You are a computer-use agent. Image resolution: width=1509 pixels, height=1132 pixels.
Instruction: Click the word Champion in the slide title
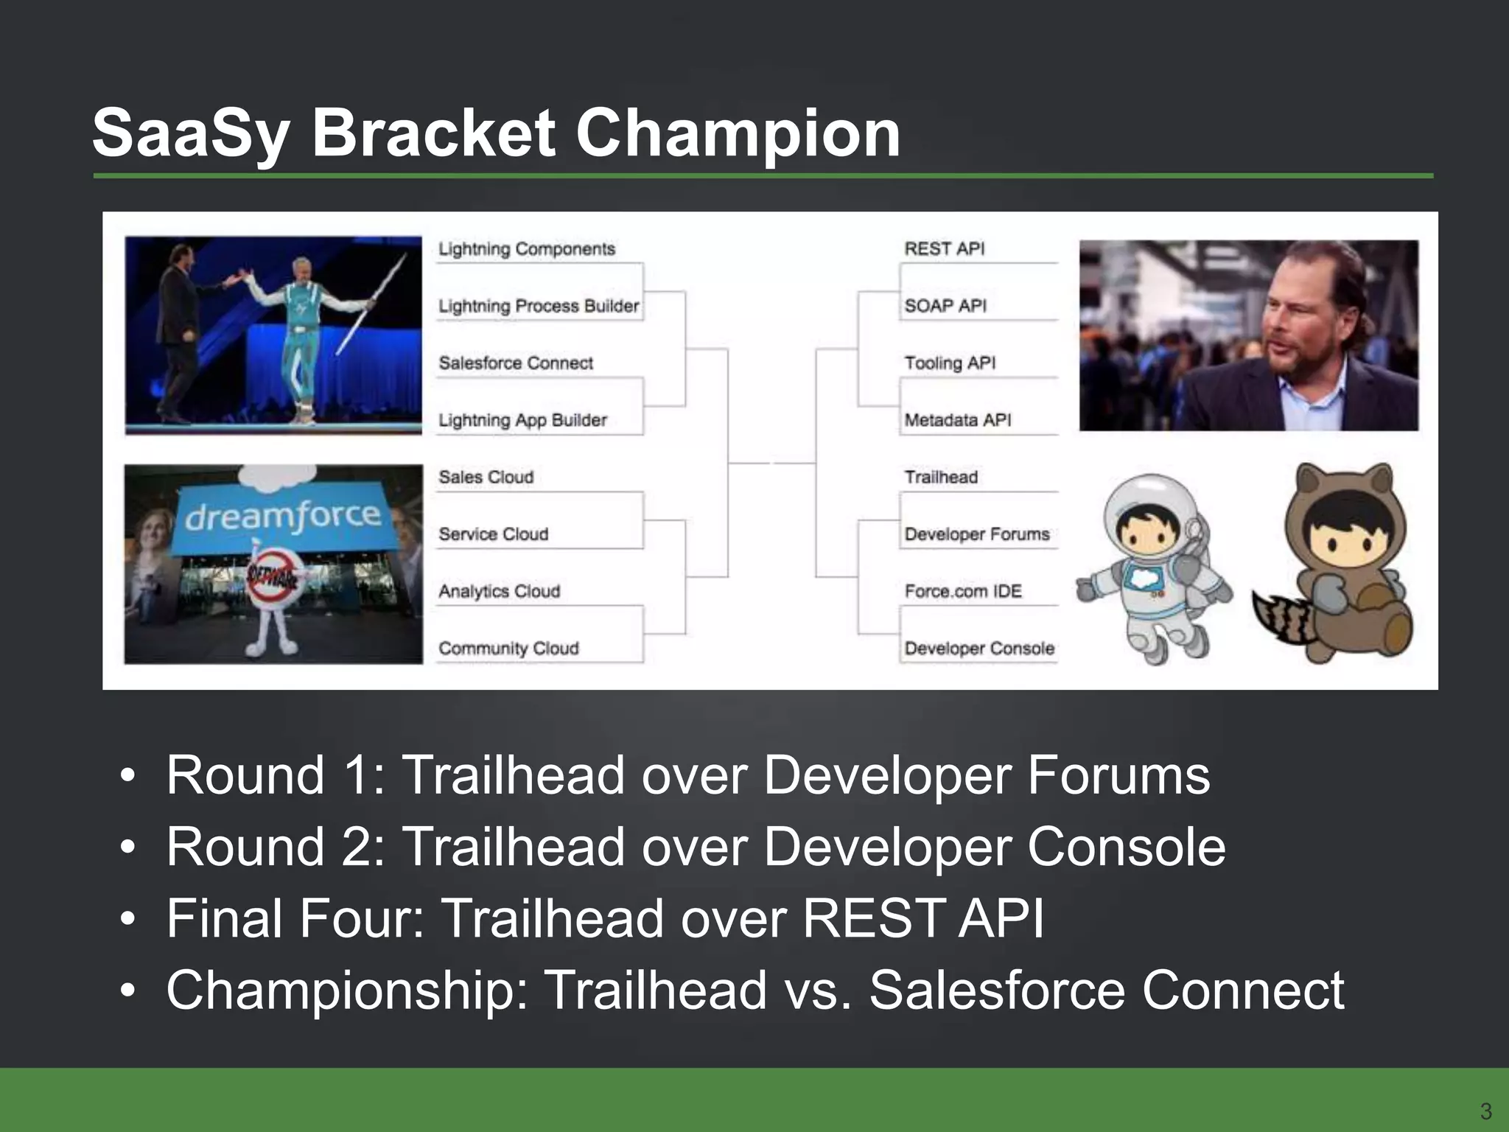[x=737, y=134]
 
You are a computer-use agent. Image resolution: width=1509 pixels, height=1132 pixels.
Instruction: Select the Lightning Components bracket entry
[x=526, y=249]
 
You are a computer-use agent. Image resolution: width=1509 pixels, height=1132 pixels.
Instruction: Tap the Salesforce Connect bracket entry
[x=516, y=363]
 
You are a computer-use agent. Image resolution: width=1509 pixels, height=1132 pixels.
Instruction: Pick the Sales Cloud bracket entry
[x=486, y=478]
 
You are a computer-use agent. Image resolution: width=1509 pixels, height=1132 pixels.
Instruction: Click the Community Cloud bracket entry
[x=508, y=649]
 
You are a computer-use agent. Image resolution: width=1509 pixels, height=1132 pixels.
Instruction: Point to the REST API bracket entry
[x=944, y=249]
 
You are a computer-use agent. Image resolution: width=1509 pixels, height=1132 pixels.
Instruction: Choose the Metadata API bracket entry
[x=957, y=420]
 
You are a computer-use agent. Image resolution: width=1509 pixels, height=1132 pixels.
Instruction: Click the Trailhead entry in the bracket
[x=941, y=478]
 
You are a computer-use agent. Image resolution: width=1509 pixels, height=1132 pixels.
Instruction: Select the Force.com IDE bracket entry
[x=962, y=592]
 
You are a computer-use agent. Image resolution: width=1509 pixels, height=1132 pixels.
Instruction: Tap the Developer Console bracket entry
[x=979, y=649]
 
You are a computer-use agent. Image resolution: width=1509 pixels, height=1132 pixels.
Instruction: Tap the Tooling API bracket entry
[x=949, y=363]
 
